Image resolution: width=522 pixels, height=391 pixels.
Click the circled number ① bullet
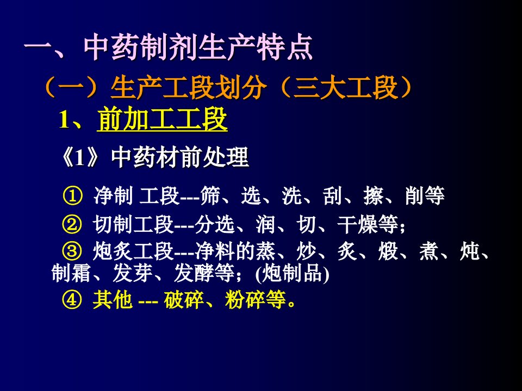(x=72, y=196)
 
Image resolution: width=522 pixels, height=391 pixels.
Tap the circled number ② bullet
(x=72, y=224)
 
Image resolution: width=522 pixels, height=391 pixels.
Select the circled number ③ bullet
(x=72, y=251)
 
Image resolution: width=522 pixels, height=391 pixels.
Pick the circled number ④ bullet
(x=72, y=300)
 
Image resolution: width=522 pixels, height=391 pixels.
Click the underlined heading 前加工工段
(x=163, y=119)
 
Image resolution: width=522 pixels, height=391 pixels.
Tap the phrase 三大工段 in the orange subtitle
(x=346, y=87)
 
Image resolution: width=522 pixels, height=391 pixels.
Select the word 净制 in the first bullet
(x=113, y=195)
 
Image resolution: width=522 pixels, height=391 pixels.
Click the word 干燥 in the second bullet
(x=357, y=224)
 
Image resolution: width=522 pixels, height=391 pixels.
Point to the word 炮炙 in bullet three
(x=113, y=251)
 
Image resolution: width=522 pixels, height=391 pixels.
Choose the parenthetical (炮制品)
(x=293, y=274)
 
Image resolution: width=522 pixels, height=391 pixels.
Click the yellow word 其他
(x=113, y=300)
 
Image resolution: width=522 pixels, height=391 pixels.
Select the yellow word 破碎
(x=184, y=300)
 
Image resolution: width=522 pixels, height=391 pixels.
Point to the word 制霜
(x=71, y=274)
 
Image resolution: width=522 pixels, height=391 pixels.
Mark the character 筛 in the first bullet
(x=210, y=195)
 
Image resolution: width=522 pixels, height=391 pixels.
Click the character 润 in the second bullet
(x=265, y=224)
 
